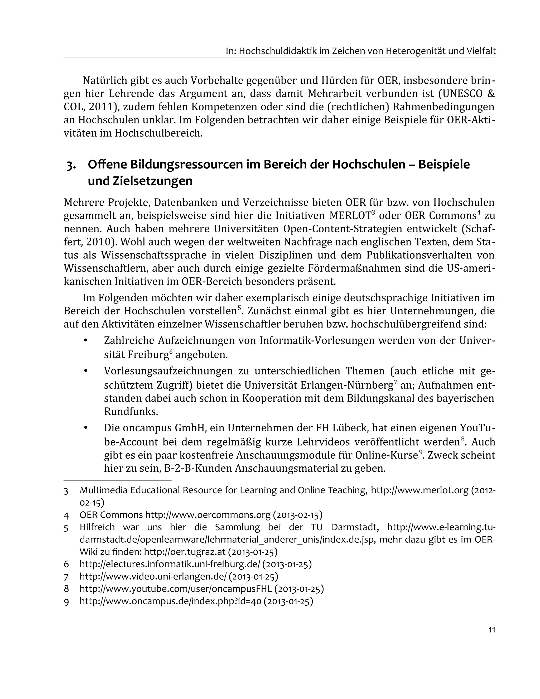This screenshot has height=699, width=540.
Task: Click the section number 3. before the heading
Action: click(71, 166)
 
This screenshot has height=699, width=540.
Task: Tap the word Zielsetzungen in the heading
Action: click(140, 181)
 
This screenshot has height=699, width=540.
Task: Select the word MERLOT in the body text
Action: click(350, 216)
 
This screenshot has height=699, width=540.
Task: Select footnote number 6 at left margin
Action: click(66, 564)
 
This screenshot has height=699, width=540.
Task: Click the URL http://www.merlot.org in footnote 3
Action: click(419, 490)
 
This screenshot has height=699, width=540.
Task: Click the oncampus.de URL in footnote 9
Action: click(171, 601)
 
